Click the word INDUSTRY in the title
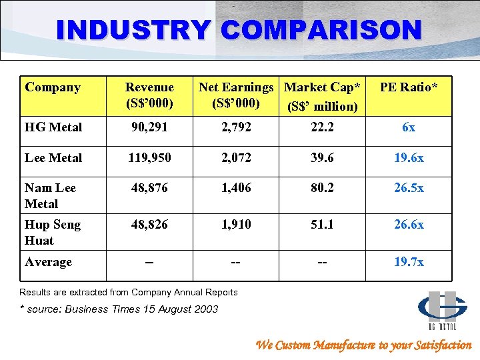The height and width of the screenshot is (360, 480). point(133,29)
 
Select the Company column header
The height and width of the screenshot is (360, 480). point(53,87)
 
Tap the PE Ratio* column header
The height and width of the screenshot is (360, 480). point(409,87)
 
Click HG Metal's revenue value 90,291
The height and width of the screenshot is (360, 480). point(149,127)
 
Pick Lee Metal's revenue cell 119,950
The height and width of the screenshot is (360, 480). point(149,158)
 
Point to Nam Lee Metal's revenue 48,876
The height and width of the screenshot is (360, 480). point(149,189)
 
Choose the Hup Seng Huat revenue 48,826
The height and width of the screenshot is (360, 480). point(149,225)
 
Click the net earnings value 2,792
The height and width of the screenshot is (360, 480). point(235,127)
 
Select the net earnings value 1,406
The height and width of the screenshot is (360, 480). point(235,189)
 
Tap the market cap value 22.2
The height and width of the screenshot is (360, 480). point(322,127)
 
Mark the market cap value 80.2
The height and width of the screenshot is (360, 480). point(322,189)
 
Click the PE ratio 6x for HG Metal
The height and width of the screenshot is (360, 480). point(409,127)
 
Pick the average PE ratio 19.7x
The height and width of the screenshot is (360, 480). point(409,262)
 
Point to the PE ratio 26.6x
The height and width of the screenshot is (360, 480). point(409,225)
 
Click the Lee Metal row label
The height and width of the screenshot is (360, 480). point(53,158)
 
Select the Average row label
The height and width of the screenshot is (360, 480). point(48,262)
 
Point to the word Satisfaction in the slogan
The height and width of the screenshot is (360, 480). point(437,345)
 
